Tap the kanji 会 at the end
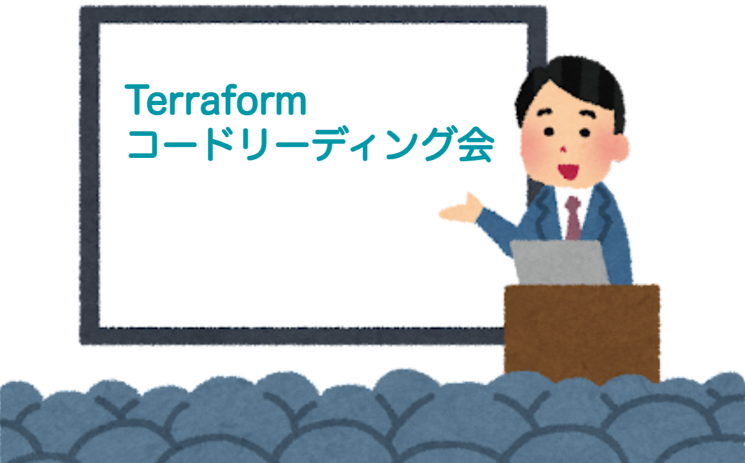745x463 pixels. point(476,144)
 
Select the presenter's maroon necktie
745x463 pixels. point(574,217)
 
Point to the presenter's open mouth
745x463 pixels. point(568,171)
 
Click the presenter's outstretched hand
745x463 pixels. point(460,209)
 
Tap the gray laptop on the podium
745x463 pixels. point(559,262)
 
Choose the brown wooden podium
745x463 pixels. point(582,333)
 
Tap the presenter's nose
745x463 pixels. point(564,150)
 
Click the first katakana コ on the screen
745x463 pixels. point(143,145)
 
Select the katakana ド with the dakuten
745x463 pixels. point(219,144)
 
